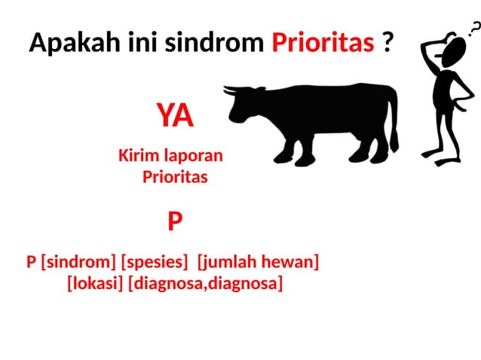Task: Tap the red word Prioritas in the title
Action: (323, 43)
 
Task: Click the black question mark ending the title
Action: (388, 43)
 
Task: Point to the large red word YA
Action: (175, 117)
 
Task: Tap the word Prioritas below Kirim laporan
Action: (175, 178)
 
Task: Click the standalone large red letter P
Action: (175, 221)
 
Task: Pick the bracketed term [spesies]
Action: (155, 262)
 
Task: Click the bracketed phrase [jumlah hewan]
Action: (258, 262)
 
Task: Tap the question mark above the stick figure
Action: (473, 29)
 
